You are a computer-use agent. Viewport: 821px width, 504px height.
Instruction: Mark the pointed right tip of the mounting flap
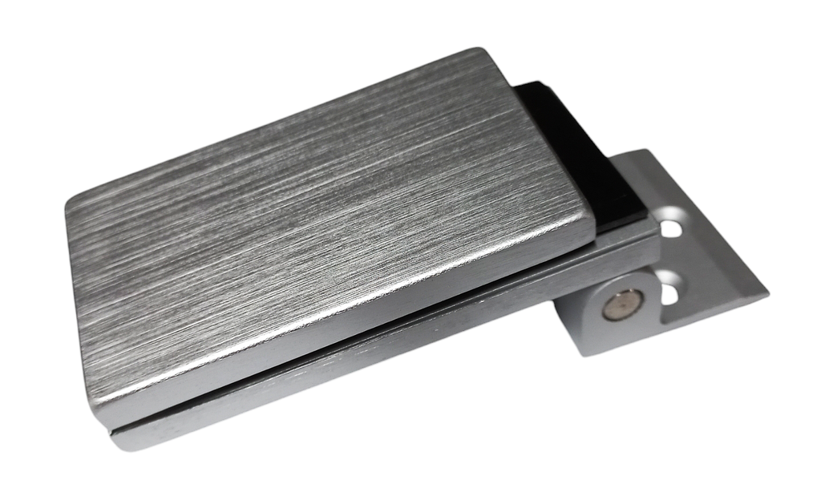coord(766,295)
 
